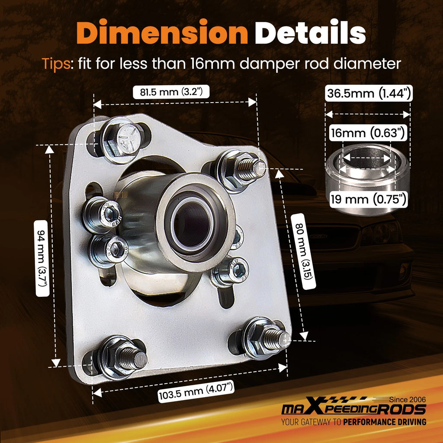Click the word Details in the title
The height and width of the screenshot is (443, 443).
[310, 32]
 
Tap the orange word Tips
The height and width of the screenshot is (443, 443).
[56, 64]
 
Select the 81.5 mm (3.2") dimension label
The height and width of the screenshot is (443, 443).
[171, 92]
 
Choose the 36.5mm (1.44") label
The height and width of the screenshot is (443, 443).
[369, 93]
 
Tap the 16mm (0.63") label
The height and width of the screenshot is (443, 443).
[368, 133]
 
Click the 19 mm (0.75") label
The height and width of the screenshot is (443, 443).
[369, 199]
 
